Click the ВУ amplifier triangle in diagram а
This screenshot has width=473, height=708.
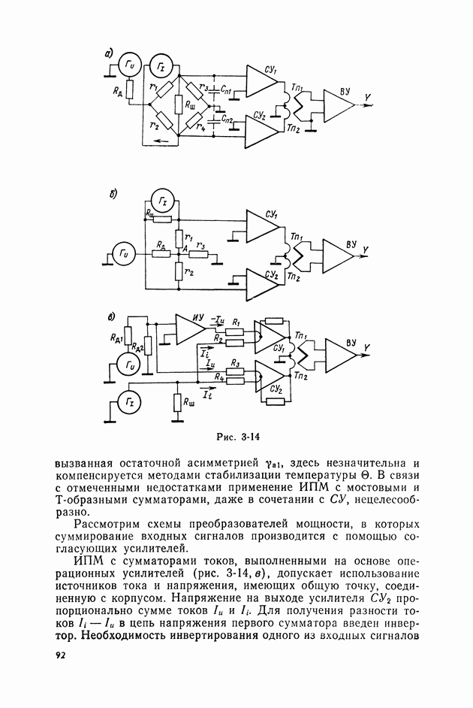pyautogui.click(x=339, y=105)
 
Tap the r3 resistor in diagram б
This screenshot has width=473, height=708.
pyautogui.click(x=200, y=254)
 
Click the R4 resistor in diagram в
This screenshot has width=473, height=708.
pyautogui.click(x=235, y=382)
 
